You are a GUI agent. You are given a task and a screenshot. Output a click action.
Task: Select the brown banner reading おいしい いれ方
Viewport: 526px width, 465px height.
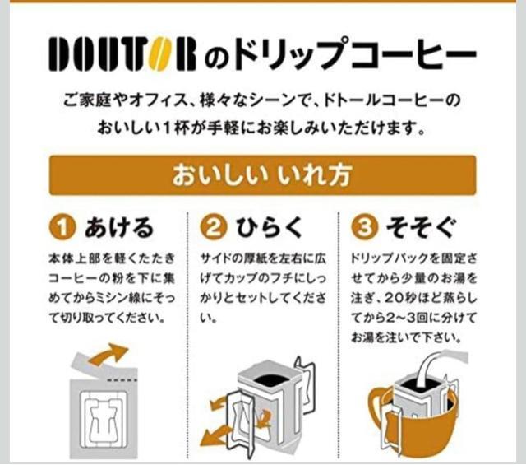point(262,175)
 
